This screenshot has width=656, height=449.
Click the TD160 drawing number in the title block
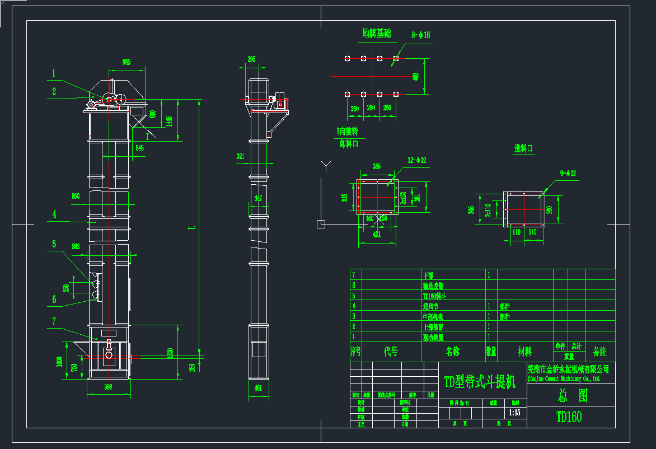(569, 417)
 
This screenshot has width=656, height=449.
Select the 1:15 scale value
(514, 413)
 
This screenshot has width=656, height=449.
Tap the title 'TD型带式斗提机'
(480, 382)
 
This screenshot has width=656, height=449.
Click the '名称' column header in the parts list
(452, 352)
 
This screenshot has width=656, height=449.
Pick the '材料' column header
(524, 352)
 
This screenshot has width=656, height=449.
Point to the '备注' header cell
(599, 352)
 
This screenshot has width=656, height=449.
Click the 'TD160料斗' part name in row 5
(435, 296)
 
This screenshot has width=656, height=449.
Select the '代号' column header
(391, 352)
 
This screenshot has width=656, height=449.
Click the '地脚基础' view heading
(376, 34)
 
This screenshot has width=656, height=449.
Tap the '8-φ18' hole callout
(421, 35)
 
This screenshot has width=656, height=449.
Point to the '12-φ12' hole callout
(417, 161)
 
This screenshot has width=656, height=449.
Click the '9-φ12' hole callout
(568, 174)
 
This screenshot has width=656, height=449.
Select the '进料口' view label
(524, 148)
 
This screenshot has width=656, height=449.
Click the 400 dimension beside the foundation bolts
(415, 76)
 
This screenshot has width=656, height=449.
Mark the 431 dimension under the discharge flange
(376, 235)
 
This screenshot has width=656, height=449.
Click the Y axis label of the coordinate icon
(326, 165)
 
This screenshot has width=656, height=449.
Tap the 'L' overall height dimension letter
(192, 227)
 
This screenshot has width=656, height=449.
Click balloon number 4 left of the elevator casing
(54, 214)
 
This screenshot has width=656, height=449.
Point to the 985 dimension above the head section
(126, 63)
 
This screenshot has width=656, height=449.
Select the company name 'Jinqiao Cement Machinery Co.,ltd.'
(564, 378)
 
